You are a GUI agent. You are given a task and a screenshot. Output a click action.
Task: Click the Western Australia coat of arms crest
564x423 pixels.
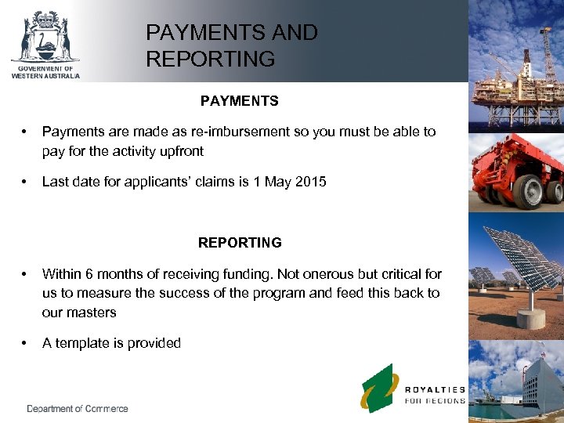[x=45, y=37]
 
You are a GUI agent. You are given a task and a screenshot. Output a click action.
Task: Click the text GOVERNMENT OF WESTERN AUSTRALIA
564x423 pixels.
[x=45, y=72]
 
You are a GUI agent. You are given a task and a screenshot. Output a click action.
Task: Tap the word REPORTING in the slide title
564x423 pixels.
[x=210, y=59]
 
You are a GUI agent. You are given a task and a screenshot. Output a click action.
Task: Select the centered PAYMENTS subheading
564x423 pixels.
[x=239, y=101]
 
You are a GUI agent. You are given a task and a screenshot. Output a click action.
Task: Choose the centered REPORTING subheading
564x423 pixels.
[x=240, y=243]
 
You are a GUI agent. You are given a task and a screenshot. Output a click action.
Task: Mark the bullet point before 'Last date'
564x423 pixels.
[x=27, y=182]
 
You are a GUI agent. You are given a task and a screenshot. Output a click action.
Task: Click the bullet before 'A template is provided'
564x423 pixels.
[x=27, y=343]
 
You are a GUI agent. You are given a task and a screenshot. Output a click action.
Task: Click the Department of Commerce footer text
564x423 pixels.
[x=77, y=408]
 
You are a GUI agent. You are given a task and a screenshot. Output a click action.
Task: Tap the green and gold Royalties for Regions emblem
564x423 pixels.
[x=379, y=387]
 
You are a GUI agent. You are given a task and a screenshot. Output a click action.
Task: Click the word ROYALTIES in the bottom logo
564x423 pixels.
[x=435, y=389]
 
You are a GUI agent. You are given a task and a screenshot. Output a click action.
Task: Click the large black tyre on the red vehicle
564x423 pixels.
[x=530, y=191]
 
